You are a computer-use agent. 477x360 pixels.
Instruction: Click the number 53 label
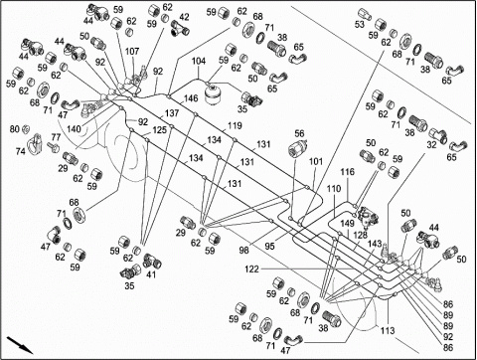[360, 24]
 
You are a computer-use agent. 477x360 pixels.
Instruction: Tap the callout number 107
[132, 52]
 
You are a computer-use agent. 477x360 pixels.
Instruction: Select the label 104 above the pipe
[199, 61]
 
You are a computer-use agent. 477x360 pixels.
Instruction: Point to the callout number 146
[191, 98]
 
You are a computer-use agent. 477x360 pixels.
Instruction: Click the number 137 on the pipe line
[172, 113]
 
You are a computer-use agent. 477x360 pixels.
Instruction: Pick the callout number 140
[74, 128]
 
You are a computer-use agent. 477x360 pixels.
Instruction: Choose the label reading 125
[159, 130]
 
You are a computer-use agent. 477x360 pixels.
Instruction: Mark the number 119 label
[235, 125]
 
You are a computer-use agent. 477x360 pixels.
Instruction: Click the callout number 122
[251, 270]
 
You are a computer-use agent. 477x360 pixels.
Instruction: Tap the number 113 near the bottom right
[388, 330]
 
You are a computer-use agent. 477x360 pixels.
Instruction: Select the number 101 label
[316, 162]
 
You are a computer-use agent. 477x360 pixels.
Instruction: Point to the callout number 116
[347, 172]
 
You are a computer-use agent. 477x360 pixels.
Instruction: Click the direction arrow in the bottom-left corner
[20, 345]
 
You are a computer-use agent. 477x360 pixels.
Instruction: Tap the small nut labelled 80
[26, 129]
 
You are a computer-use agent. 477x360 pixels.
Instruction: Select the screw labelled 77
[53, 146]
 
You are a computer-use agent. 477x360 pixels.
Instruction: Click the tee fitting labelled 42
[180, 28]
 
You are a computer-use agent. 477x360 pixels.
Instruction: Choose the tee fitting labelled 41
[152, 261]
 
